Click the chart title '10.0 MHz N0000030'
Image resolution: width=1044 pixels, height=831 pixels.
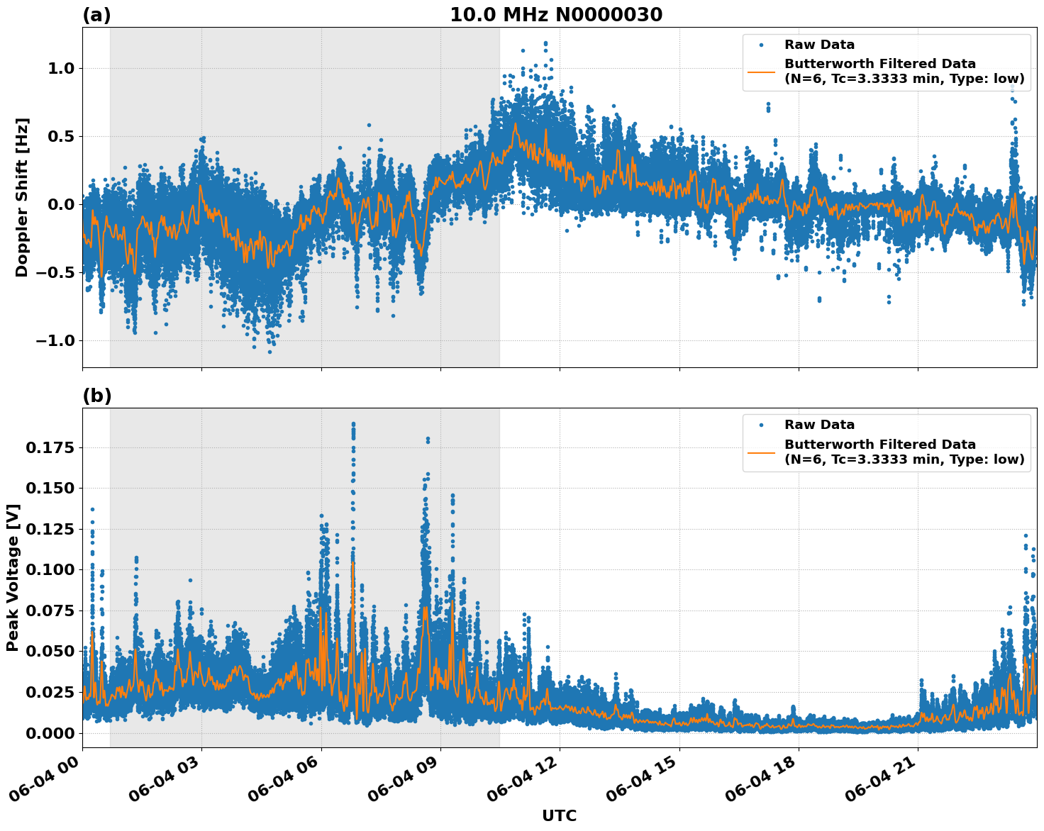(x=555, y=15)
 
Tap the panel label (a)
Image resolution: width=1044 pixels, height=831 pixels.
(x=96, y=15)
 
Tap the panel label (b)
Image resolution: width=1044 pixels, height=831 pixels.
(x=96, y=396)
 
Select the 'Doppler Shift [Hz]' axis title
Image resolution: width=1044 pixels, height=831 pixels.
(x=22, y=197)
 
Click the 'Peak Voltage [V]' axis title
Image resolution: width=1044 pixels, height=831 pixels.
(x=13, y=577)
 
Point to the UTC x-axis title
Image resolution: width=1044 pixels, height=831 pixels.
(x=559, y=815)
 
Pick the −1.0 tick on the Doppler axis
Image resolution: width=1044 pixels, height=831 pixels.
(x=56, y=341)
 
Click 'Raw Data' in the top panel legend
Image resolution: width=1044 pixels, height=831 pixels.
(x=819, y=45)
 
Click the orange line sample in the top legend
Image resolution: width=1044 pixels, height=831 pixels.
(x=761, y=72)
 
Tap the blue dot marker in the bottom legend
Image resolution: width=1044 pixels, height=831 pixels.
(x=761, y=425)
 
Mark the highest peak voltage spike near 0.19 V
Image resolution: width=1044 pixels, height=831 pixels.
(x=353, y=424)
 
